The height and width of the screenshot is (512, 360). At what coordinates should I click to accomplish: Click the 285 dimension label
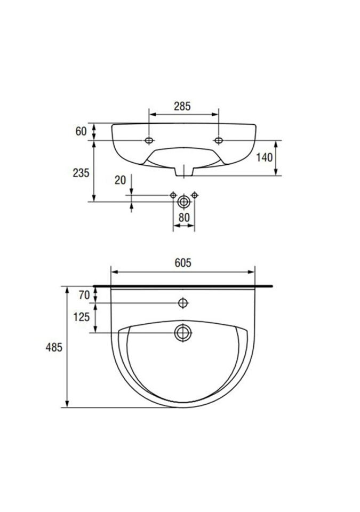coord(182,106)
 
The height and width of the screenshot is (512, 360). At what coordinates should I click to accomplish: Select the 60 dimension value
coord(81,131)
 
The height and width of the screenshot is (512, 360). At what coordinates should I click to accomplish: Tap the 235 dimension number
coord(81,173)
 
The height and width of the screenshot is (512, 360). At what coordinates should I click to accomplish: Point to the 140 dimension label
coord(264,158)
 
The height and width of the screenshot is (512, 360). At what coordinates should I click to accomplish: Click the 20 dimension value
coord(120,180)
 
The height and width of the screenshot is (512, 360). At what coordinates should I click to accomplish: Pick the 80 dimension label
coord(184,218)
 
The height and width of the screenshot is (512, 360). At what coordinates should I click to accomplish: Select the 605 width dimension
coord(182,263)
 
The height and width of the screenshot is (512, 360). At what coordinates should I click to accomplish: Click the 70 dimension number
coord(84,295)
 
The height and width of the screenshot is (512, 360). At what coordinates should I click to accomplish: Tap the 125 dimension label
coord(82,317)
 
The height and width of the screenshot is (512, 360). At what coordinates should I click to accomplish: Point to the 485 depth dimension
coord(53,347)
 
